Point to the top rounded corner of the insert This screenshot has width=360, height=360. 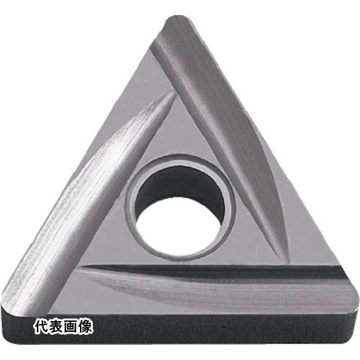179,20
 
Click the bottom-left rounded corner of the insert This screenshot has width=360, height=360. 11,312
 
